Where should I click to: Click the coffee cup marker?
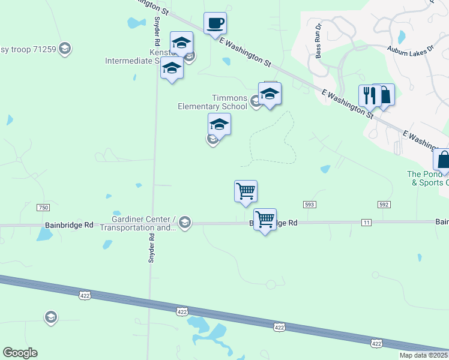tap(215, 24)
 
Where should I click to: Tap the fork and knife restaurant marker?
tap(368, 95)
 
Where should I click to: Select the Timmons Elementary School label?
tap(212, 102)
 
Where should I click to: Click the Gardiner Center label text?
tap(139, 223)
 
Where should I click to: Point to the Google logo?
tap(20, 352)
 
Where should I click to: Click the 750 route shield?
tap(43, 208)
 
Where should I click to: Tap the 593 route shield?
tap(310, 205)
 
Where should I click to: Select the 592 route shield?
tap(384, 205)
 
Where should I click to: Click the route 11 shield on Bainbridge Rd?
tap(367, 223)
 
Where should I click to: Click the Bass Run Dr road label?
tap(319, 41)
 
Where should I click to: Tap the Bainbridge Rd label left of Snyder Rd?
tap(69, 225)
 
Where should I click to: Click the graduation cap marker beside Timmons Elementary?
tap(270, 94)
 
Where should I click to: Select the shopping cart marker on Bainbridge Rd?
tap(265, 219)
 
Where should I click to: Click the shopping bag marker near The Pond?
tap(443, 160)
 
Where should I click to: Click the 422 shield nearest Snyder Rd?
tap(182, 311)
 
